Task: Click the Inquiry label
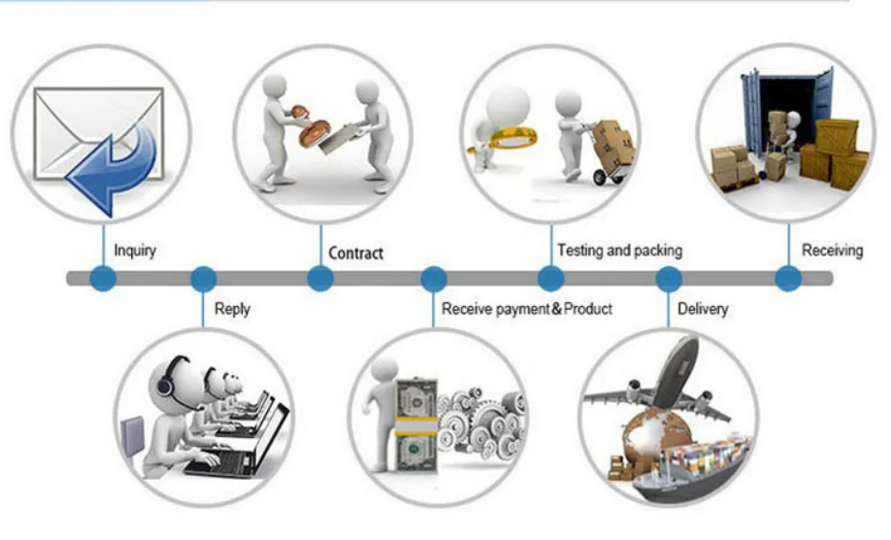[135, 251]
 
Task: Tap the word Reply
[232, 309]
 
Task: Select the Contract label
[355, 253]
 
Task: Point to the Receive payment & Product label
[527, 309]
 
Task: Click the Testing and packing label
[619, 251]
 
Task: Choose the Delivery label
[703, 309]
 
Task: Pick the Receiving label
[832, 251]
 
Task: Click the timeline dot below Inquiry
[103, 279]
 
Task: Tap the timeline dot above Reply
[203, 279]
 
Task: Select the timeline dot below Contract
[320, 279]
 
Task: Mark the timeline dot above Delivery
[669, 279]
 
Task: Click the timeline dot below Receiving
[788, 279]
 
